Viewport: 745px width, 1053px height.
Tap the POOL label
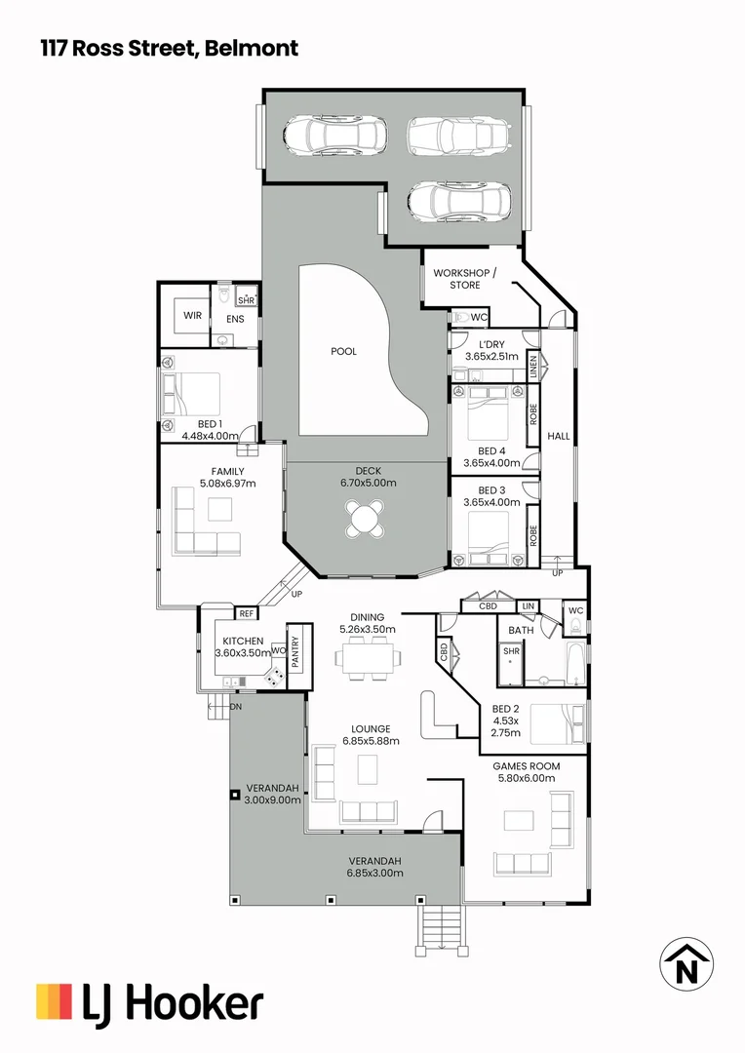point(343,352)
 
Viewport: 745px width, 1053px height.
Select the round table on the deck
point(367,518)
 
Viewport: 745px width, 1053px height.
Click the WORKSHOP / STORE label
point(465,279)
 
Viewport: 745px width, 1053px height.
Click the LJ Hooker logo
point(149,1003)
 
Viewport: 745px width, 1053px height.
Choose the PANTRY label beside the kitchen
point(295,651)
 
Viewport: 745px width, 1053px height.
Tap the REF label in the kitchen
point(247,614)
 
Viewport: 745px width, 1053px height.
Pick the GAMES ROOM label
point(526,766)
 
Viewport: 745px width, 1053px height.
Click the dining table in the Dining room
point(368,659)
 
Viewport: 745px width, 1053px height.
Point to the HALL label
point(558,436)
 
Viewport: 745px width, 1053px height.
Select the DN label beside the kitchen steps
point(235,706)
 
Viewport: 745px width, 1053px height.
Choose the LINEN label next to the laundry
point(533,366)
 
